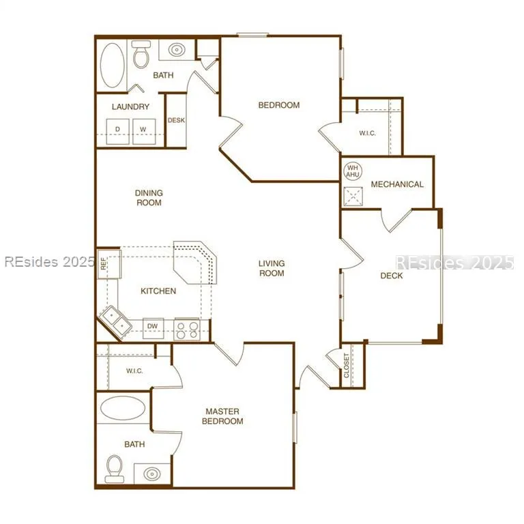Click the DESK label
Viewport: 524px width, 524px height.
176,120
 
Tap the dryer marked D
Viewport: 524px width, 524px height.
117,131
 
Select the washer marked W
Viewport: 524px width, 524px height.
144,131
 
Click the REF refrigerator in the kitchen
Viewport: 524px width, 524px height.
109,263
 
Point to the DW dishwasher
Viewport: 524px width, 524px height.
153,328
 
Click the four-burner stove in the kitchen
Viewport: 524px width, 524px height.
187,330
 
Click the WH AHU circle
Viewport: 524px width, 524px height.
353,171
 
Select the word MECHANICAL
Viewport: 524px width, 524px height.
397,184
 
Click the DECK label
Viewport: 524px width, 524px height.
392,276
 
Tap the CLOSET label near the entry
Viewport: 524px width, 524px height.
347,366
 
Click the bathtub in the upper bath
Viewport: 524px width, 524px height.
113,65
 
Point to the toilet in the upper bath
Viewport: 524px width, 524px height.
141,54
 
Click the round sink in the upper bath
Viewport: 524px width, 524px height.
177,50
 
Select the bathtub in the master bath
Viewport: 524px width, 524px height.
123,409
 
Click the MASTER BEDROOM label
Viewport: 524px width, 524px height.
222,416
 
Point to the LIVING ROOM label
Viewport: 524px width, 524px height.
272,268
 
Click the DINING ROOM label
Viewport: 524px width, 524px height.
149,198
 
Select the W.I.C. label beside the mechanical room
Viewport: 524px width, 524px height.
367,133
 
